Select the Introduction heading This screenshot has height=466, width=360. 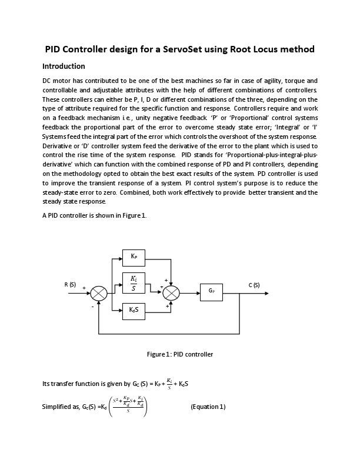point(64,66)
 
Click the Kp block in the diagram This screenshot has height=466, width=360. point(134,257)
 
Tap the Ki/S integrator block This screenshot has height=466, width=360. point(134,283)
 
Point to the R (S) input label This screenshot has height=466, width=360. point(70,285)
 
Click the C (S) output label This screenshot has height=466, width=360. point(254,285)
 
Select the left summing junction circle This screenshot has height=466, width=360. point(99,292)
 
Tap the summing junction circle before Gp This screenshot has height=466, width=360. point(171,292)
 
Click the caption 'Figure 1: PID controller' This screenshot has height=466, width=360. point(179,354)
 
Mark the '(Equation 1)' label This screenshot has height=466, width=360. point(208,407)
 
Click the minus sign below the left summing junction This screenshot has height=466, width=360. point(92,306)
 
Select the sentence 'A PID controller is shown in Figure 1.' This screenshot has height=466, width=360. point(95,216)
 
